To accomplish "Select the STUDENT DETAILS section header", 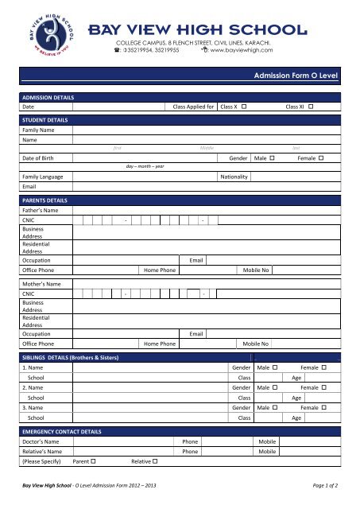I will [45, 119].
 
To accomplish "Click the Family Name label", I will [38, 129].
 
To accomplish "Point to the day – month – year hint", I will [145, 166].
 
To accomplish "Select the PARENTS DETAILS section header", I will [45, 200].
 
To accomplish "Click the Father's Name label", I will [41, 210].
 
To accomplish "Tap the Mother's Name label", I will [42, 283].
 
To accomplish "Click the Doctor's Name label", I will [41, 441].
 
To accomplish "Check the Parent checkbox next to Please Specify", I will [94, 461].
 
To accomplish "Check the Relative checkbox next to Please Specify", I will [154, 461].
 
